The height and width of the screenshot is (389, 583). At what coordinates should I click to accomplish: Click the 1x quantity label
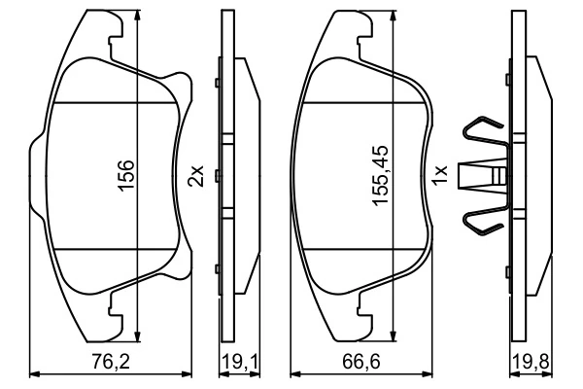(x=440, y=177)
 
